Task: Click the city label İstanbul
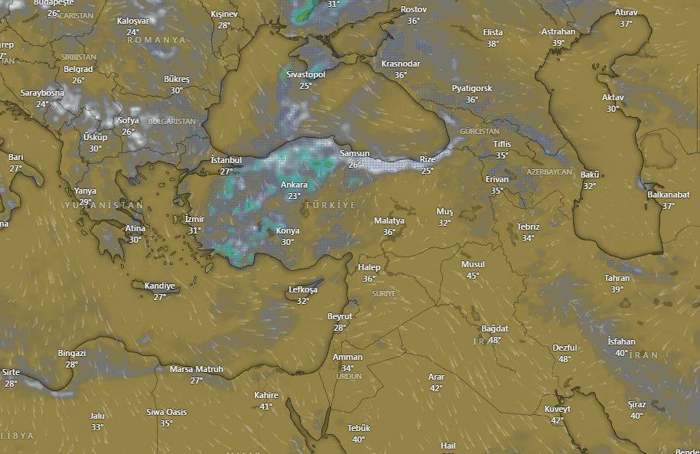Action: [226, 161]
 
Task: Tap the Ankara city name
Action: [294, 185]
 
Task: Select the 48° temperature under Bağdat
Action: [495, 340]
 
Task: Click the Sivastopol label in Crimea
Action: [306, 75]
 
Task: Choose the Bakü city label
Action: [590, 175]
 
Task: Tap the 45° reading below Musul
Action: [473, 276]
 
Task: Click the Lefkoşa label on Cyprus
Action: [303, 290]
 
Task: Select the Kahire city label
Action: [265, 396]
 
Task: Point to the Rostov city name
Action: [413, 10]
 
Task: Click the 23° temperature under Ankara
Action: [294, 196]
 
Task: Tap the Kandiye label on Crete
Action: [160, 286]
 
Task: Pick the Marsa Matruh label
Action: [197, 369]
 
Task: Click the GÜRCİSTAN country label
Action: [480, 132]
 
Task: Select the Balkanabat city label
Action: [668, 194]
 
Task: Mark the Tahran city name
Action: [617, 279]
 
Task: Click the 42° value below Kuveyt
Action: [557, 420]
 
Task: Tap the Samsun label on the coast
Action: [354, 154]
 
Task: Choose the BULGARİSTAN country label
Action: [172, 121]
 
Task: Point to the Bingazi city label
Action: [72, 353]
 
